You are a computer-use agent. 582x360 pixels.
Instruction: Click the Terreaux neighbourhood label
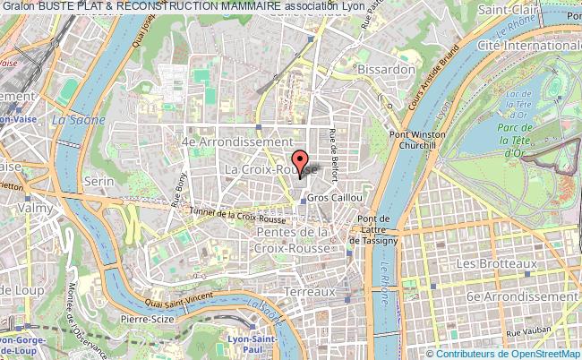(x=307, y=292)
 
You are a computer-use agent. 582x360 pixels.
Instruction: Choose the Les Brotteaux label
(x=497, y=265)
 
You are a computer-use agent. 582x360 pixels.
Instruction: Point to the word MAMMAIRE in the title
(x=237, y=5)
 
